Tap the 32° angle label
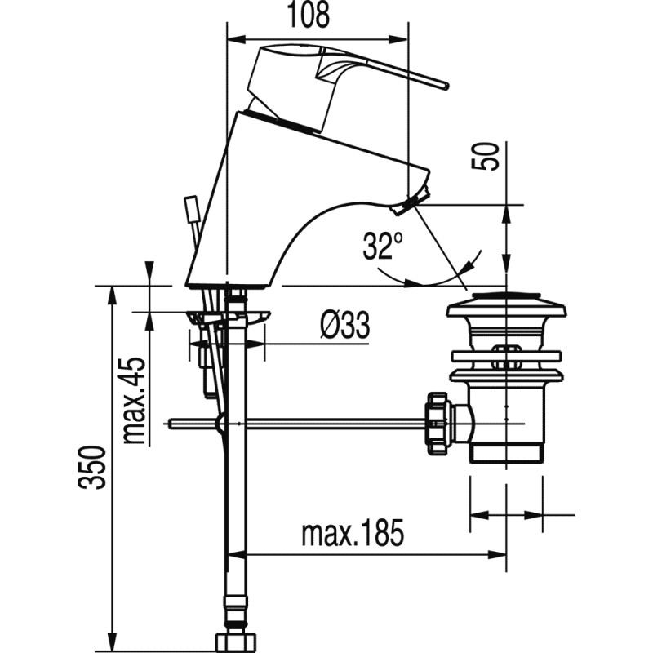tap(383, 244)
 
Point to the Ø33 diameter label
tap(344, 326)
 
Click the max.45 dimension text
tap(136, 400)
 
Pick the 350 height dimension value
tap(96, 468)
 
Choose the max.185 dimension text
tap(352, 535)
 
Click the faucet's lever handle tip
tap(443, 83)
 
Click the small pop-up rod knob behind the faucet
tap(193, 209)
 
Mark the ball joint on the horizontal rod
tap(220, 424)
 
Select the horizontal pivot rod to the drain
tap(326, 423)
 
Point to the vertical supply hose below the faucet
tap(236, 506)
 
